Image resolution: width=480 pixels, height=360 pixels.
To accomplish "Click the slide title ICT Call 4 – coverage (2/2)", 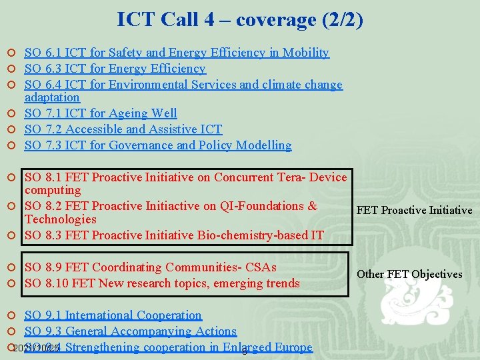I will (x=240, y=20).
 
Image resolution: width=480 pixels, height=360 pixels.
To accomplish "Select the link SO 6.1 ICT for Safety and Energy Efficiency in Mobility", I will (x=177, y=53).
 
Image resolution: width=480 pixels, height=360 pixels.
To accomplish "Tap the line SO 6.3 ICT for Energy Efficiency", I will (x=115, y=69).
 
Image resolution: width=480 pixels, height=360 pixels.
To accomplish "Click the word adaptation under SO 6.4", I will (x=52, y=97).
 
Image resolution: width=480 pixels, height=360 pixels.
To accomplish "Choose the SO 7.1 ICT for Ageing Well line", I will (x=101, y=113).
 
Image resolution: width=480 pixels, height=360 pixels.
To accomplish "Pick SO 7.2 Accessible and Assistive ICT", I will (x=123, y=129).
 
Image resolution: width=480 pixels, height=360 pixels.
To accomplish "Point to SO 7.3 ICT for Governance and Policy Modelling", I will (x=158, y=145).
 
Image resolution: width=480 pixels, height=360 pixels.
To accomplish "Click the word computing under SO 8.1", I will (x=53, y=190).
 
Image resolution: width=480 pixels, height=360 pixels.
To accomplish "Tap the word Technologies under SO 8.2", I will (x=60, y=219).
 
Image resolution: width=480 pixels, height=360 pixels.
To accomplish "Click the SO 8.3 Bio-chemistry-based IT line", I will (x=174, y=235).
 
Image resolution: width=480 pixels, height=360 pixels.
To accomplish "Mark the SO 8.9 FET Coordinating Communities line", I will (x=150, y=267).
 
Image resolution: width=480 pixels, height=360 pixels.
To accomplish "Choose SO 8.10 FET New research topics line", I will (x=162, y=283).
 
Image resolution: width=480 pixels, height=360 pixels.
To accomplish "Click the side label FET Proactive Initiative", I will (x=414, y=211).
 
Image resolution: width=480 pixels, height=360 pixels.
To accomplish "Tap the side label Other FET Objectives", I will (x=409, y=275).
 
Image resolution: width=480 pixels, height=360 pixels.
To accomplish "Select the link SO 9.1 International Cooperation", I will (x=113, y=315).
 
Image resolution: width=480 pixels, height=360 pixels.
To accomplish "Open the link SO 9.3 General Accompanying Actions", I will (x=130, y=331).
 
